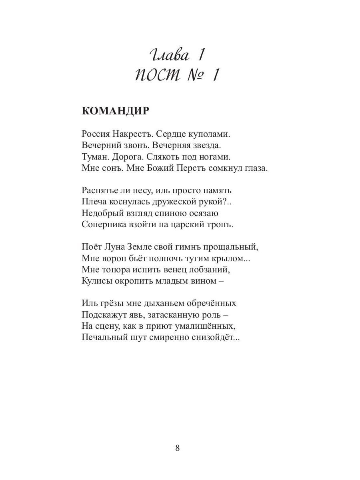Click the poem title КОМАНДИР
click(x=115, y=111)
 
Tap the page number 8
click(x=178, y=448)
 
